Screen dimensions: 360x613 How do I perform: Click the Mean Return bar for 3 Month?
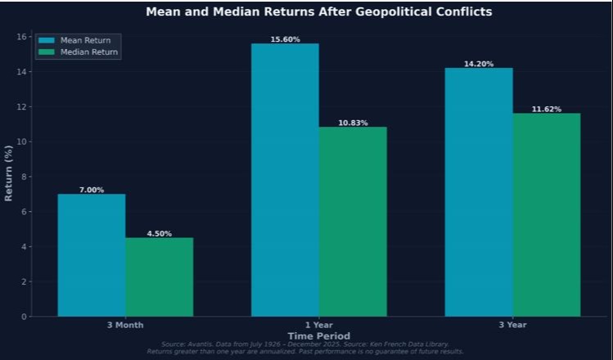(x=91, y=254)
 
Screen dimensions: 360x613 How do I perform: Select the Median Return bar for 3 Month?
(x=159, y=277)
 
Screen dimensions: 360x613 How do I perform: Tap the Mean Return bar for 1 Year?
(x=285, y=179)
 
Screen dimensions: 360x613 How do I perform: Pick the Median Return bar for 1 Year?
(x=353, y=221)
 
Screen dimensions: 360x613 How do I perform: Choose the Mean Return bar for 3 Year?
(x=479, y=191)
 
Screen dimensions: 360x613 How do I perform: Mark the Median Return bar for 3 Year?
(x=547, y=214)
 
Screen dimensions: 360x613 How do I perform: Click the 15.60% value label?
(x=285, y=39)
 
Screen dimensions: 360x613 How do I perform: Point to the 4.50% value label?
(x=159, y=233)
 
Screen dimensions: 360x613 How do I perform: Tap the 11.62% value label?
(x=547, y=109)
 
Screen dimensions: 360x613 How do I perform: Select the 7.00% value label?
(x=91, y=190)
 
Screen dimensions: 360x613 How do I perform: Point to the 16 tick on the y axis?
(x=25, y=37)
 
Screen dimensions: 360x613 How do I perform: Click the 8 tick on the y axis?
(x=25, y=177)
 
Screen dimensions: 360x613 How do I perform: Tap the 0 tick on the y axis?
(x=25, y=317)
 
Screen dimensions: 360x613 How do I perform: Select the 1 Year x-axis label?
(x=318, y=325)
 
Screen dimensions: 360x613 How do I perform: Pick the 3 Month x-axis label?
(x=124, y=325)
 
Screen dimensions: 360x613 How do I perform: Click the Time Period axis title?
(x=318, y=335)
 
